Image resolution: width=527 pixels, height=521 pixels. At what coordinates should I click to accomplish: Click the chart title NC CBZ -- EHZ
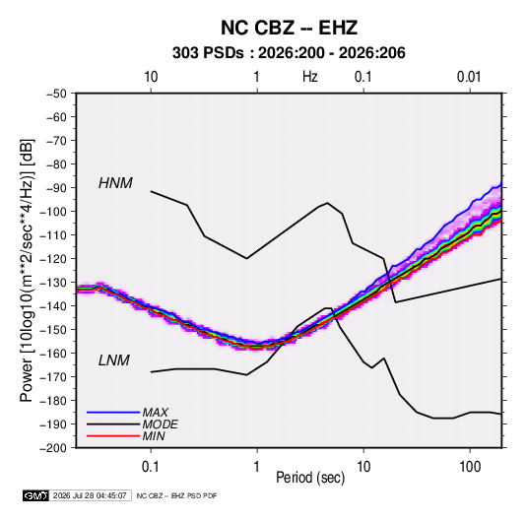(x=289, y=28)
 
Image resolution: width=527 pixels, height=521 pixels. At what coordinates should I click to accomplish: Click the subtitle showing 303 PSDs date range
(x=289, y=53)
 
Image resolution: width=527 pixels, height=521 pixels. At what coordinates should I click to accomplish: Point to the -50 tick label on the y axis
(x=56, y=94)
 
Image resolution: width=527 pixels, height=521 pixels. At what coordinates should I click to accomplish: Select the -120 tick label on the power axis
(x=54, y=259)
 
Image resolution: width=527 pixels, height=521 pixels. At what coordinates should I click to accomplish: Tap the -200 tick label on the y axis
(x=54, y=448)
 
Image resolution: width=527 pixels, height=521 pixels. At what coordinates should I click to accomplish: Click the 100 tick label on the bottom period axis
(x=470, y=467)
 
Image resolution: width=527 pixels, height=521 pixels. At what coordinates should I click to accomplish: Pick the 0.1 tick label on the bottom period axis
(x=151, y=467)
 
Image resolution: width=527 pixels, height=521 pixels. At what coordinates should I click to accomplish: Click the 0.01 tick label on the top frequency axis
(x=469, y=77)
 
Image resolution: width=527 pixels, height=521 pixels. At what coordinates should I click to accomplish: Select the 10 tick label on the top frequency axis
(x=151, y=77)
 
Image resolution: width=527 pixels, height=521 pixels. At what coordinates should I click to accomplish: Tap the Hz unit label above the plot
(x=310, y=77)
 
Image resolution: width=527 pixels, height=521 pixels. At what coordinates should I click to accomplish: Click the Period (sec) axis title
(x=310, y=478)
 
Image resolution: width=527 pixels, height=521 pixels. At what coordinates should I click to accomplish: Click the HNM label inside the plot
(x=115, y=183)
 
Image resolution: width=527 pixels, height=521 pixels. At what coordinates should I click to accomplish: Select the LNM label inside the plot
(x=114, y=360)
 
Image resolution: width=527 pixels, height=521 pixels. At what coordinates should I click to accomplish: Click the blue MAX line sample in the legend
(x=113, y=412)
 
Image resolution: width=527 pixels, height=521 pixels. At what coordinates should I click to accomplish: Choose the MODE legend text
(x=160, y=424)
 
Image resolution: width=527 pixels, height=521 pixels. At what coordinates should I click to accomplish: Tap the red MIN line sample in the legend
(x=113, y=436)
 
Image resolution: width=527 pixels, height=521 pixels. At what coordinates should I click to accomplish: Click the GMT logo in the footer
(x=36, y=495)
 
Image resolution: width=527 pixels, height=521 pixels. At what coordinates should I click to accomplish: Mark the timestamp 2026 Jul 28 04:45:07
(x=90, y=495)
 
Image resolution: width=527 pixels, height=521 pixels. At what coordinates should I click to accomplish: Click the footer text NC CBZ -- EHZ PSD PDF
(x=176, y=495)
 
